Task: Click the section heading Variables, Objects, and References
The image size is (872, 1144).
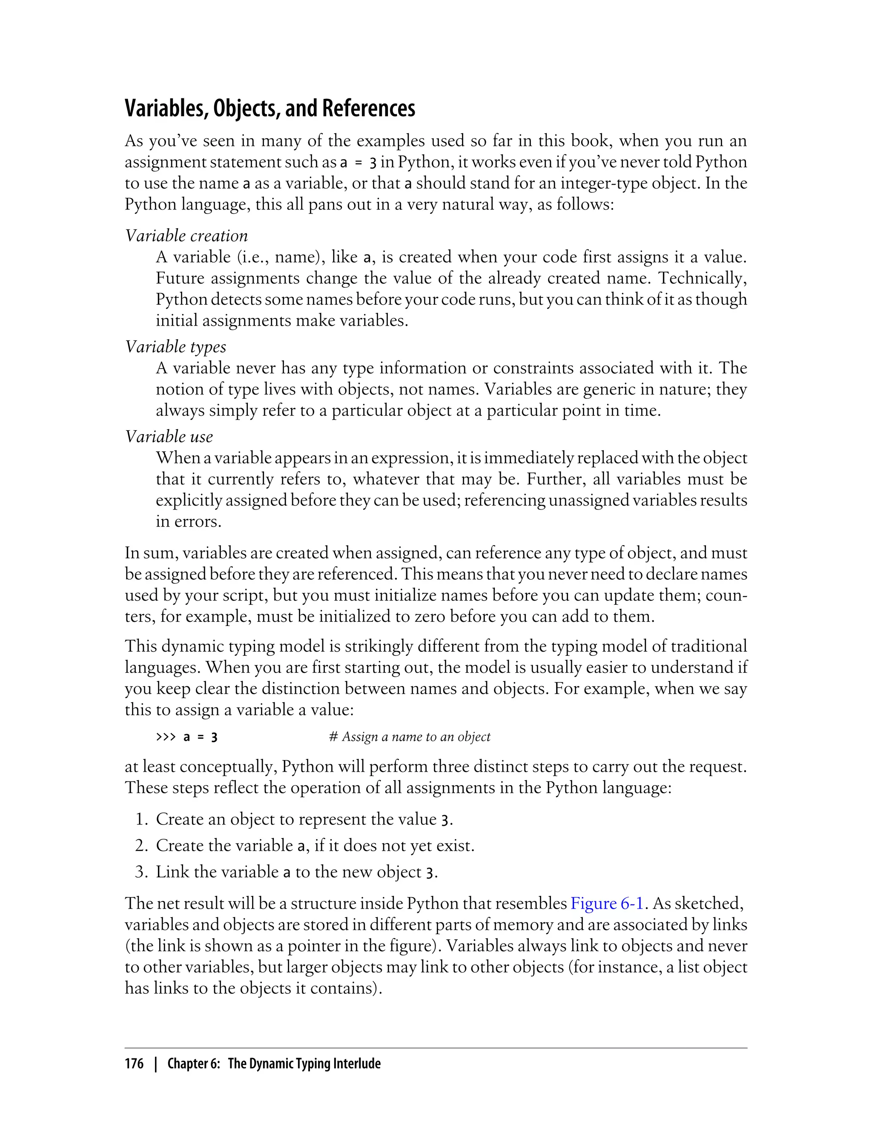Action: click(x=270, y=108)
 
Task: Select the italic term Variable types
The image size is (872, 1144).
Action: click(x=175, y=346)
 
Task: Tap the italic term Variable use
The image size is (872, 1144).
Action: click(x=169, y=437)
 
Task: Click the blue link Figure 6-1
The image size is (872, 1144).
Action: click(x=607, y=903)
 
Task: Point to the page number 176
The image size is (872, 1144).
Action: click(x=134, y=1064)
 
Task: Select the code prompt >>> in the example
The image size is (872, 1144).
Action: click(x=166, y=737)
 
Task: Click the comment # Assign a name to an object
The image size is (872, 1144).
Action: click(x=410, y=737)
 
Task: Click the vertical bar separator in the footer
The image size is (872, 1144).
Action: click(x=155, y=1064)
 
